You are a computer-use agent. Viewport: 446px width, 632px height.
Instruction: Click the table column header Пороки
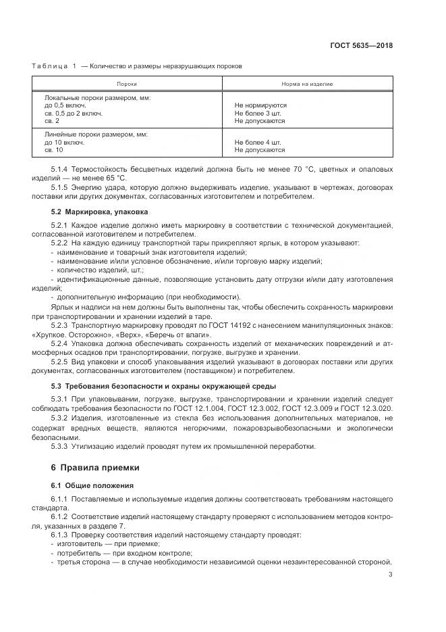coord(126,84)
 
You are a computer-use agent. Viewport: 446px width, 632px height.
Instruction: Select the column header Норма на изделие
coord(307,84)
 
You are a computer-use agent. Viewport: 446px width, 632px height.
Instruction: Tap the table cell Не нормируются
coord(260,105)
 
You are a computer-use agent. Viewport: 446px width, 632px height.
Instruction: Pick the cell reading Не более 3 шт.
coord(258,114)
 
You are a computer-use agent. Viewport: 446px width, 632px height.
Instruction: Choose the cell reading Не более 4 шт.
coord(258,143)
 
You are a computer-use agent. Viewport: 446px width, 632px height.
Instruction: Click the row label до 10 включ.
coord(65,143)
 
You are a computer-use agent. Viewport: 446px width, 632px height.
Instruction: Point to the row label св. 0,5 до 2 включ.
coord(74,114)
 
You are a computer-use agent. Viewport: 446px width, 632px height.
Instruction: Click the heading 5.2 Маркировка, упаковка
coord(99,212)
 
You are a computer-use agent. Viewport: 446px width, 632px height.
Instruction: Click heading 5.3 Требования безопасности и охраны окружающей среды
coord(163,386)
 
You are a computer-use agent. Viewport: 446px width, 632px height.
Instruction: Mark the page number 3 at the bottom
coord(391,575)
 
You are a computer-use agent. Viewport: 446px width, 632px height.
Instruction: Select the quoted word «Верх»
coord(130,335)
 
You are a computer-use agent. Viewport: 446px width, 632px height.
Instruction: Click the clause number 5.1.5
coord(60,187)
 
